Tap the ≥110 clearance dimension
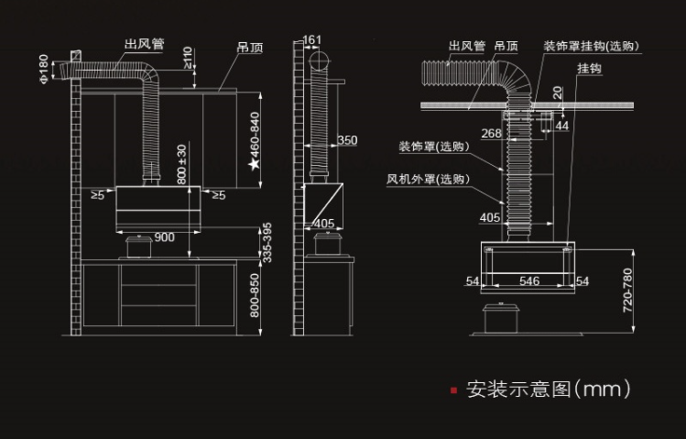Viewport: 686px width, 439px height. tap(188, 59)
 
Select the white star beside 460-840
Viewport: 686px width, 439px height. tap(255, 164)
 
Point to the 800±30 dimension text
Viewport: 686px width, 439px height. tap(181, 165)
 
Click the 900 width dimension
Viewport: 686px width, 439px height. tap(164, 237)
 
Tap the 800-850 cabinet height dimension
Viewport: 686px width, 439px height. tap(256, 296)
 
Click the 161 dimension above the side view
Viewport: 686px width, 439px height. tap(311, 39)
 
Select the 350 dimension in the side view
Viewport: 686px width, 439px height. tap(347, 140)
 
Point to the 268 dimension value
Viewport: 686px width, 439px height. tap(491, 134)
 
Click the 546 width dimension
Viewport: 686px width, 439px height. tap(529, 281)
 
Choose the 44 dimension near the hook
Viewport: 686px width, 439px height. tap(561, 125)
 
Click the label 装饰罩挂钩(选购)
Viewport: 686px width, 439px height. tap(591, 46)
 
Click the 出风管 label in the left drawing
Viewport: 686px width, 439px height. tap(146, 44)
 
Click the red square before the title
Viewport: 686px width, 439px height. tap(453, 390)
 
